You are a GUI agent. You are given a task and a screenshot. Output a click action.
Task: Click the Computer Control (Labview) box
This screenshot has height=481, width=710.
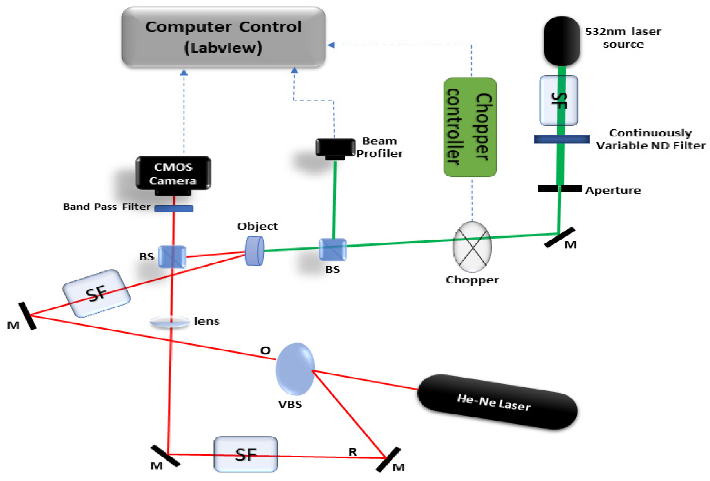coord(223,37)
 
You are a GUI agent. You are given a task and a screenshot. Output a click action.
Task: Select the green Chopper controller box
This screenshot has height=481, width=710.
coord(470,127)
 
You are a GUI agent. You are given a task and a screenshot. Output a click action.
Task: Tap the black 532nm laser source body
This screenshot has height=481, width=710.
coord(561,41)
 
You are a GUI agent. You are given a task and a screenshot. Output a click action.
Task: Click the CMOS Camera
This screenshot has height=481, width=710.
coord(173,174)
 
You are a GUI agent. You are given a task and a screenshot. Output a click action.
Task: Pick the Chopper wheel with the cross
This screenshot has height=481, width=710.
coord(472,247)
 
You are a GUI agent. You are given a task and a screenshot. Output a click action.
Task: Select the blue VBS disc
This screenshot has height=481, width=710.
coord(295,369)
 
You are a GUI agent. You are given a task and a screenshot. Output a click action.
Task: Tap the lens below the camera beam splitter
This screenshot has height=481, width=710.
coord(170,322)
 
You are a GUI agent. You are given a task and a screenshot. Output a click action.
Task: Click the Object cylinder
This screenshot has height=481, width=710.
coord(254,251)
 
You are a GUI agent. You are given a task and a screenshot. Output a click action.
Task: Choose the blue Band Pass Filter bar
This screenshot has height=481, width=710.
coord(174,209)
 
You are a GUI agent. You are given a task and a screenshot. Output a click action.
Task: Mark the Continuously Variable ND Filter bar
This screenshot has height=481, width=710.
coord(561,139)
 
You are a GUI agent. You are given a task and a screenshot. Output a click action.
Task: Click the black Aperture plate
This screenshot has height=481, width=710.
coord(559,189)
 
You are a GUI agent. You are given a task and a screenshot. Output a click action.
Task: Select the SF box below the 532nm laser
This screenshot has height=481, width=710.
coord(558,100)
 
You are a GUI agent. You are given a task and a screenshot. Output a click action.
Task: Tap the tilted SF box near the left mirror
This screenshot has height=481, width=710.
coord(96,293)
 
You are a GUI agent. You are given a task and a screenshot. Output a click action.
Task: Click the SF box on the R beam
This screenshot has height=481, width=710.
coord(246,454)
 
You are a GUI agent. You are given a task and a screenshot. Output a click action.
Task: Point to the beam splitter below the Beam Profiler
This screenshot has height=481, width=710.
coord(333,249)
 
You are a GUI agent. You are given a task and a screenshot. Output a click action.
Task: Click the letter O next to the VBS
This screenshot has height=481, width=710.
coord(265,350)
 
